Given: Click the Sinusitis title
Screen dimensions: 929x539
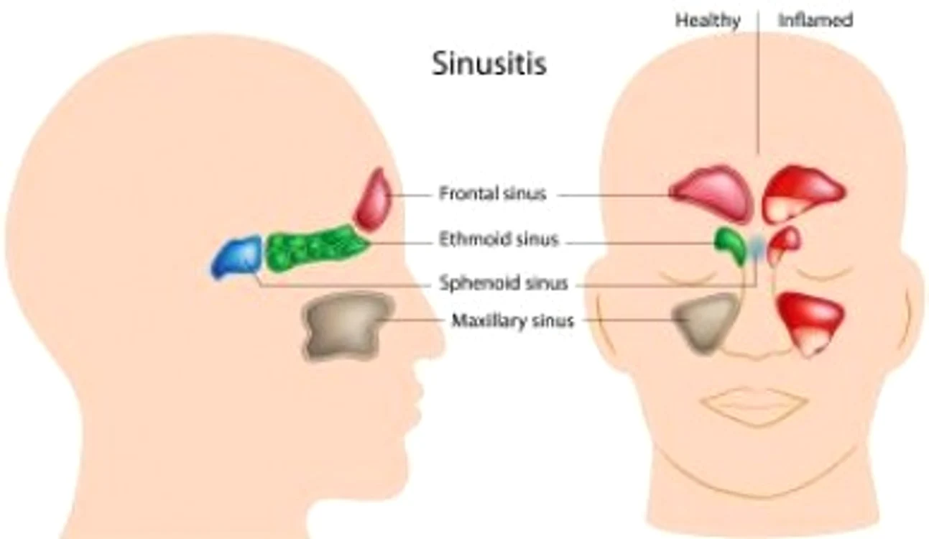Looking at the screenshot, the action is (x=489, y=64).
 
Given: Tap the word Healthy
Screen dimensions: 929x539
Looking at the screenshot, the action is (x=708, y=20).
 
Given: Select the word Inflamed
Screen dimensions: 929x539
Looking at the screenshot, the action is (x=815, y=20).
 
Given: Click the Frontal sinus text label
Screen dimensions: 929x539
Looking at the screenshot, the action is (x=492, y=193).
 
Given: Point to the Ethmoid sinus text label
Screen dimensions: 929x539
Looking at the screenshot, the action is (x=499, y=239).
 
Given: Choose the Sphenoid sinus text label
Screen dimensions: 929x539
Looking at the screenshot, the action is (x=503, y=283).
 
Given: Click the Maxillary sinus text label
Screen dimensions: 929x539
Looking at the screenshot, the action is (x=512, y=321).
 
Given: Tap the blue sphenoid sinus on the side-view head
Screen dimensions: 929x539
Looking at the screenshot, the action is (x=237, y=257).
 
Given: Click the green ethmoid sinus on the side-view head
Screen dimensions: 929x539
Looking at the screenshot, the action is (x=316, y=248).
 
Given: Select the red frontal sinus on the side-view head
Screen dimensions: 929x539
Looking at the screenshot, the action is (x=372, y=200).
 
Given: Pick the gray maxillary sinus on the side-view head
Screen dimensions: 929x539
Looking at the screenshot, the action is (x=348, y=326).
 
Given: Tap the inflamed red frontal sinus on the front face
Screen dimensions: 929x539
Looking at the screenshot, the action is (x=803, y=193).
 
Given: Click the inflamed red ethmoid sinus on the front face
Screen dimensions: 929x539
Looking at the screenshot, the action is (x=783, y=244).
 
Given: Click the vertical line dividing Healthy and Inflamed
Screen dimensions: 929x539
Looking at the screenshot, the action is (x=759, y=82).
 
